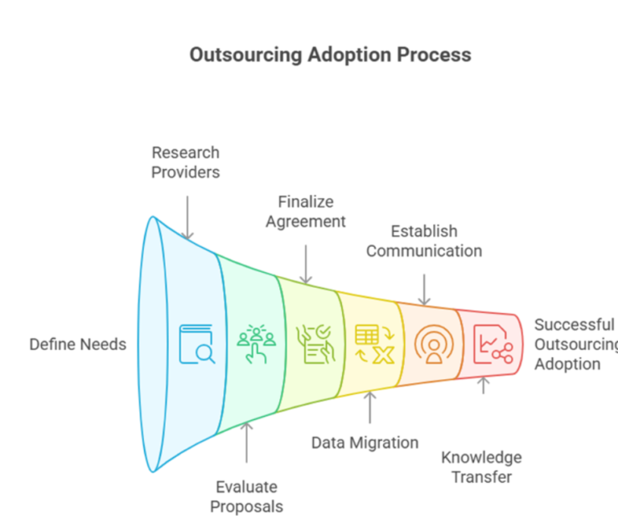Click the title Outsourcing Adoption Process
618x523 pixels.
330,55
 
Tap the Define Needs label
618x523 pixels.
78,344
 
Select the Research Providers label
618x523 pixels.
186,162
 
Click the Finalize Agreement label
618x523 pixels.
306,211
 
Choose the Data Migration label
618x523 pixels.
365,443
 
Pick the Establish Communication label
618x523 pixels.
424,241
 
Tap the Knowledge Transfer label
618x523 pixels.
481,467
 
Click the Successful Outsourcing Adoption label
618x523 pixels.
575,344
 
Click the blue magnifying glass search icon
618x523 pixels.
197,344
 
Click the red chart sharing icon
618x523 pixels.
492,344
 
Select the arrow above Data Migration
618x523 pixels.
370,407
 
